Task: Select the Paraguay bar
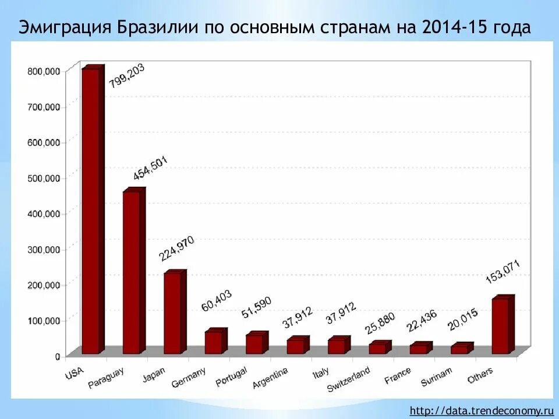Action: [x=131, y=272]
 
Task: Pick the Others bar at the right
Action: [x=500, y=325]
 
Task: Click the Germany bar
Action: [x=213, y=342]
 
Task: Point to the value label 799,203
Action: [x=126, y=76]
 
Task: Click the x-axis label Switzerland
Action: [x=349, y=379]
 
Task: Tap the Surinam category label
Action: [x=437, y=377]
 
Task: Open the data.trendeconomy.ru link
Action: [x=481, y=410]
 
